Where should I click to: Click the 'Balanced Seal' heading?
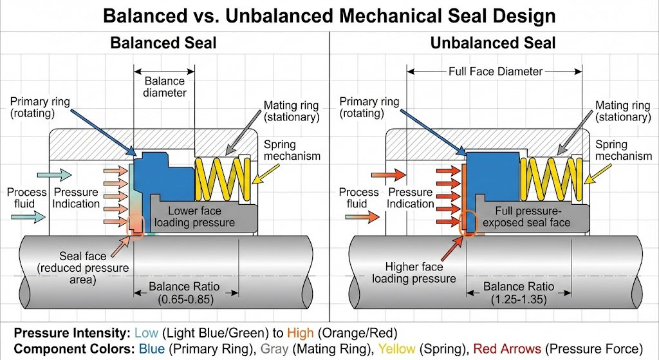[x=163, y=44]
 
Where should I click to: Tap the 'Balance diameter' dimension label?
[x=165, y=87]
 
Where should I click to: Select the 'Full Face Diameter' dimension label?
[x=496, y=71]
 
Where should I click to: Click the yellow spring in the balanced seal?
[x=222, y=180]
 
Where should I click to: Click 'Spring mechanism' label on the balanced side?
[x=292, y=149]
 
